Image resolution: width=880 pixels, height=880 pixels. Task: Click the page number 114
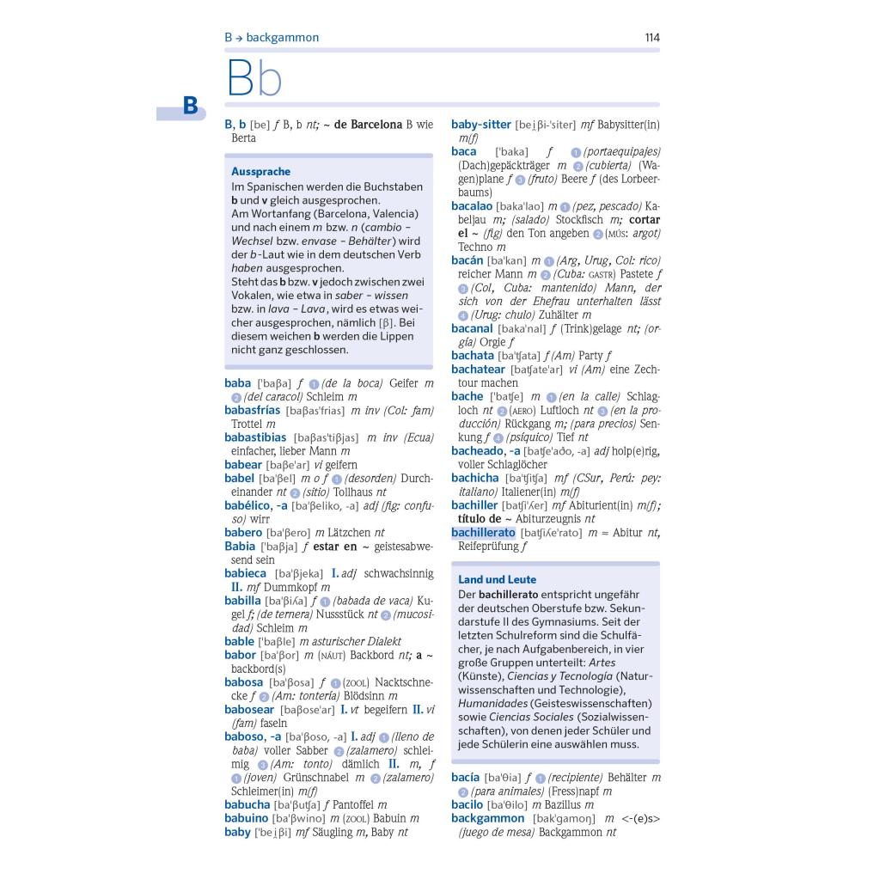651,37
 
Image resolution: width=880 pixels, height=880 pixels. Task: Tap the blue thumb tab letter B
190,106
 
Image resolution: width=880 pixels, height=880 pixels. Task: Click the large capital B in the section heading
239,80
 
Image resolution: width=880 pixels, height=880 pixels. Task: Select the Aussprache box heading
260,172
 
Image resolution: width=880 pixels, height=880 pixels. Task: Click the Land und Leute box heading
497,580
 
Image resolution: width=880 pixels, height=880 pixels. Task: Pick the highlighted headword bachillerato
483,533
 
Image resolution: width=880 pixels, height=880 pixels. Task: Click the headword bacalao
472,206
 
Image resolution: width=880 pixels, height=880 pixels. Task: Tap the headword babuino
246,818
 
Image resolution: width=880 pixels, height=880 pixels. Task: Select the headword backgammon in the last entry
486,818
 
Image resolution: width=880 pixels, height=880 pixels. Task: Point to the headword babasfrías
252,410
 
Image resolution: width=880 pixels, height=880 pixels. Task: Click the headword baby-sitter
480,125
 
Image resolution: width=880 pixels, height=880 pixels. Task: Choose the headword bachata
473,355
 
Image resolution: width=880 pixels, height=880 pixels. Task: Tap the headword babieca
245,573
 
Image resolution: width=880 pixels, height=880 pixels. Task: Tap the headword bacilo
467,804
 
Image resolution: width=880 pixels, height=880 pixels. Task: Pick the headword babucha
247,804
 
